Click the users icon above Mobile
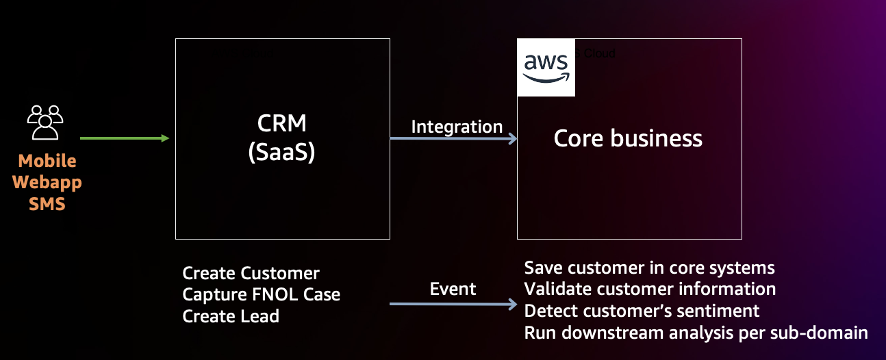coord(45,123)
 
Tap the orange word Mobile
coord(47,162)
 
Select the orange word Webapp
coord(47,183)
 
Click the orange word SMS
coord(47,203)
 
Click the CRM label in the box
coord(282,124)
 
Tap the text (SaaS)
coord(282,153)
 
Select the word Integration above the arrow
coord(457,127)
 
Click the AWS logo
coord(546,67)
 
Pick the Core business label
coord(628,139)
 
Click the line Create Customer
coord(251,274)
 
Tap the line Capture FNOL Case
coord(261,295)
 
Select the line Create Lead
coord(231,316)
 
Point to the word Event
coord(453,289)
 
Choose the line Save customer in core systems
coord(649,268)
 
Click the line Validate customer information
coord(650,289)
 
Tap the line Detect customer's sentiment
coord(642,311)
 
